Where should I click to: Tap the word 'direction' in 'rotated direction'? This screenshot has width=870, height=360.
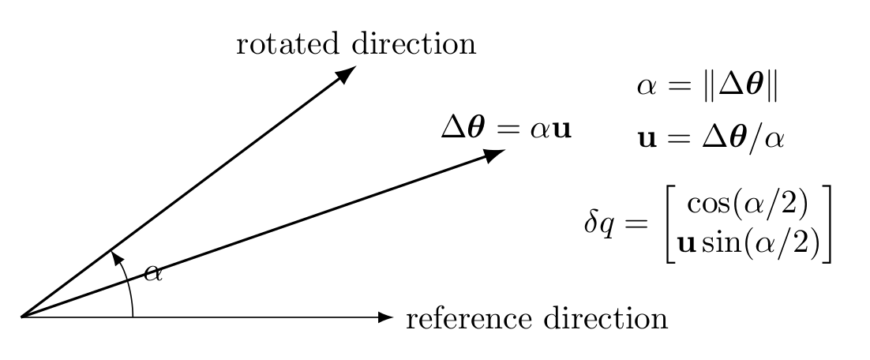[x=414, y=44]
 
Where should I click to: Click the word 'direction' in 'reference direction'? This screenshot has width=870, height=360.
[x=606, y=319]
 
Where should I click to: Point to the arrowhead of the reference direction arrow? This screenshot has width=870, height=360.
[x=385, y=317]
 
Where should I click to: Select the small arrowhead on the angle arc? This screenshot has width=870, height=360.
[x=116, y=257]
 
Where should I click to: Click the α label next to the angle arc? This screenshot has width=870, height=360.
[x=153, y=273]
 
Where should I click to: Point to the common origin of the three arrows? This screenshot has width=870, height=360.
[x=21, y=317]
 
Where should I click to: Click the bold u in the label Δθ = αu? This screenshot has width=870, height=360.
[x=562, y=129]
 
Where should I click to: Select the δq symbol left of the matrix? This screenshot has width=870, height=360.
[x=599, y=223]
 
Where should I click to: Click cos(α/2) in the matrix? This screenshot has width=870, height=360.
[x=747, y=204]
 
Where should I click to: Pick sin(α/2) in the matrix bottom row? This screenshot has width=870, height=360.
[x=760, y=243]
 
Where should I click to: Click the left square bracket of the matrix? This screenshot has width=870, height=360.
[x=669, y=224]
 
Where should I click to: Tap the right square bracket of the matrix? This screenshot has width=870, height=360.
[x=826, y=224]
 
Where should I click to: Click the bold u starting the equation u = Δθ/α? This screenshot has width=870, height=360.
[x=647, y=140]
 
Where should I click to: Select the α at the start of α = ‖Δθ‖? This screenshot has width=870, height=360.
[x=647, y=87]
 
